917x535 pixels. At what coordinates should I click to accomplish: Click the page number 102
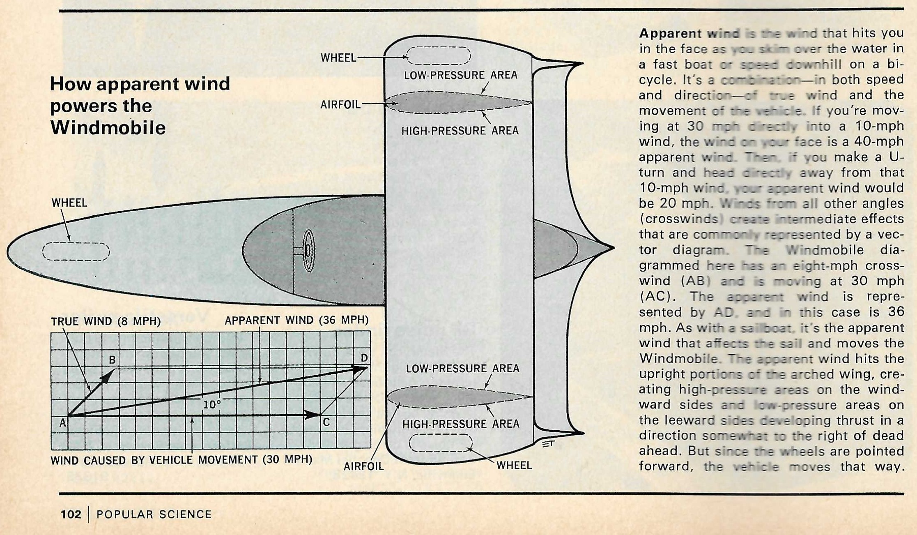pos(71,514)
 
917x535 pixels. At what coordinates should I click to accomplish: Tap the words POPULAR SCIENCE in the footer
pos(154,514)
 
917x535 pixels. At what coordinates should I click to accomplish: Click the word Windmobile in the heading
pos(108,128)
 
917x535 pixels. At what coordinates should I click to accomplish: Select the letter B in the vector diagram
pos(112,360)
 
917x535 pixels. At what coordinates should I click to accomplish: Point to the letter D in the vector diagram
pos(364,358)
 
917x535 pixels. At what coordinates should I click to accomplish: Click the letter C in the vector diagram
pos(326,422)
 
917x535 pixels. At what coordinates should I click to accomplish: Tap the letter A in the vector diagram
pos(62,423)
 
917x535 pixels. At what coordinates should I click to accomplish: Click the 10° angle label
pos(212,405)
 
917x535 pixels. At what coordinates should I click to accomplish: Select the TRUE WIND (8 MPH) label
pos(106,321)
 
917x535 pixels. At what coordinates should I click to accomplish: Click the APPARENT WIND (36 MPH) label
pos(296,320)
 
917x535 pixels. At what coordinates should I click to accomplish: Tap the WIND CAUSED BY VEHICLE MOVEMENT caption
pos(181,459)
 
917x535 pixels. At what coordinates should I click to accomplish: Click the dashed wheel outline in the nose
pos(76,251)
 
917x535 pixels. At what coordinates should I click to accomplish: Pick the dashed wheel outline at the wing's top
pos(438,55)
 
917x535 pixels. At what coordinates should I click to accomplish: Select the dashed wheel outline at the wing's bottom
pos(441,443)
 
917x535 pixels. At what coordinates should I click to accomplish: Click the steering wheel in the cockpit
pos(308,251)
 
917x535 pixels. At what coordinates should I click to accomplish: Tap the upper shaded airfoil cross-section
pos(456,102)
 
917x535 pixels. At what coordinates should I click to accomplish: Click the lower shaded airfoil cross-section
pos(456,397)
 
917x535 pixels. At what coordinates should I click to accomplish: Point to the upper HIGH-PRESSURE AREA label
pos(460,131)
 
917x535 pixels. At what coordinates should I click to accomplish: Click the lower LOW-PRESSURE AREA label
pos(462,368)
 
